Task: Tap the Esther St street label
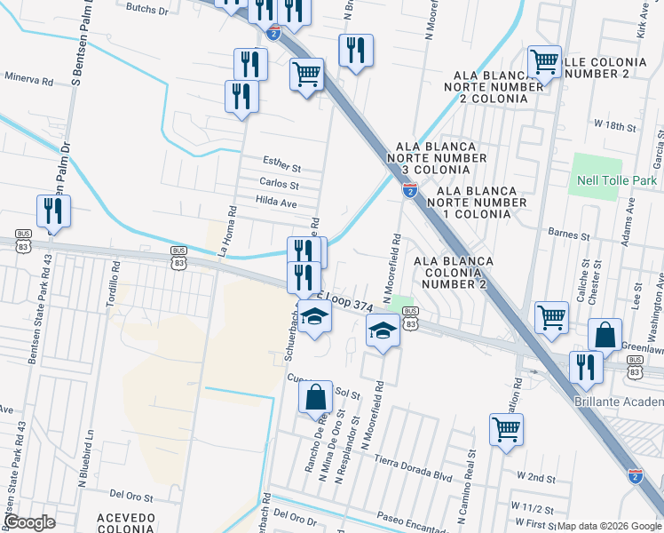coord(283,161)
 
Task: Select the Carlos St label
coord(279,183)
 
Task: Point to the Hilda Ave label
coord(277,203)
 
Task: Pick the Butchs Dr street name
coord(147,10)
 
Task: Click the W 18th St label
coord(615,127)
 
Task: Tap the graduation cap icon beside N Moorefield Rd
coord(383,333)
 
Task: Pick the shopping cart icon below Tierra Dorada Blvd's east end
coord(506,430)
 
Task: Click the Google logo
coord(30,522)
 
